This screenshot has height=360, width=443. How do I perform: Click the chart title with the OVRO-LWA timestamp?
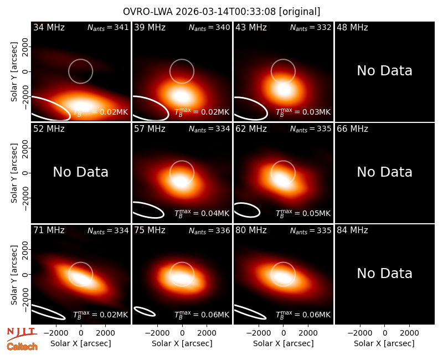221,12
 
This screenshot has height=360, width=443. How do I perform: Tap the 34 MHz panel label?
49,27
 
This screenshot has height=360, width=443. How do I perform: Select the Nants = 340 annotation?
209,28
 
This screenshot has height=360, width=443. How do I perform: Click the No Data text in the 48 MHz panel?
384,71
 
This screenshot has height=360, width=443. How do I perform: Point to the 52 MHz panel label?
49,129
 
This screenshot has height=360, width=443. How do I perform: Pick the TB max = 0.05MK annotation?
303,213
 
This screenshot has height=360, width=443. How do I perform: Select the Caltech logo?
22,347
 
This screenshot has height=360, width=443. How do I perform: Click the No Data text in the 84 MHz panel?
384,274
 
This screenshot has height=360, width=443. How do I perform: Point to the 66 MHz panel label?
352,129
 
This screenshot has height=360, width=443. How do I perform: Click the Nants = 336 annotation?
209,230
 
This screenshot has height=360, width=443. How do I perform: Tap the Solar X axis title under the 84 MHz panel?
384,343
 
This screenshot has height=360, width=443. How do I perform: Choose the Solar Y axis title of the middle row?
14,173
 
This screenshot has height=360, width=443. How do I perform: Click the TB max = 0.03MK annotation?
303,112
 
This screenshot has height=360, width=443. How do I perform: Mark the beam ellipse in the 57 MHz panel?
148,210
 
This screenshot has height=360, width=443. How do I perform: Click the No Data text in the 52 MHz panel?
80,172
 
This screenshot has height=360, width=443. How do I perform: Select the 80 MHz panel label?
251,230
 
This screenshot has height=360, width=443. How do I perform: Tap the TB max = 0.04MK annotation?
202,213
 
